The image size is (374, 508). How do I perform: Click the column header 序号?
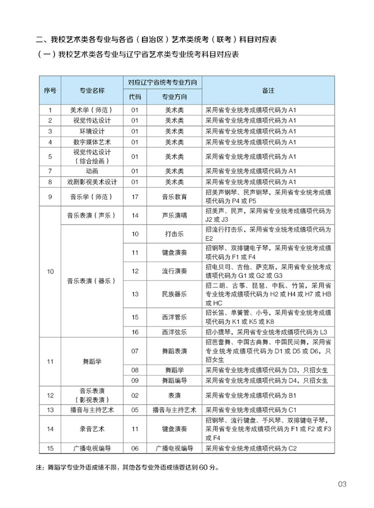[50, 90]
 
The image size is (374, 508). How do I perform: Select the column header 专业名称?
[92, 90]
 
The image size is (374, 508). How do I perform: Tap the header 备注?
[268, 90]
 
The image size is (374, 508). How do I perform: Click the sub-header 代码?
[135, 96]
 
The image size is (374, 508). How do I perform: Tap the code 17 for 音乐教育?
[135, 196]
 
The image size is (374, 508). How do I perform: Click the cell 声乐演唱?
[174, 215]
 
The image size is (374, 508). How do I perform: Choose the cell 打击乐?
[174, 234]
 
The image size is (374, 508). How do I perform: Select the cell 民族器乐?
[174, 294]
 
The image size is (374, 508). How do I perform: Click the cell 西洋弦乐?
[174, 331]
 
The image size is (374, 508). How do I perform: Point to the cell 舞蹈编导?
[174, 380]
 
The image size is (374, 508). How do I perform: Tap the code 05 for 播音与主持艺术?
[135, 409]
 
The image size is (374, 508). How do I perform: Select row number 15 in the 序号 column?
[50, 448]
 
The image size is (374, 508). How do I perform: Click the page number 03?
[342, 484]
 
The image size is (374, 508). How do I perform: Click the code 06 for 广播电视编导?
[135, 448]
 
